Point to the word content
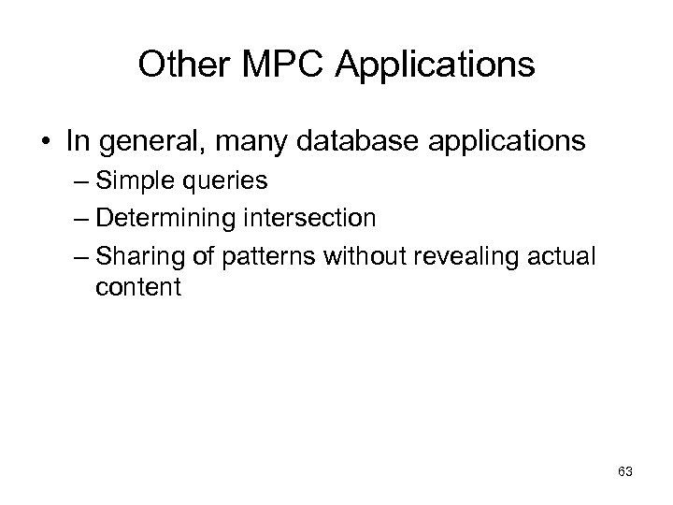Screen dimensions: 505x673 [137, 286]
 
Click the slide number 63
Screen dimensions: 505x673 [624, 471]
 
